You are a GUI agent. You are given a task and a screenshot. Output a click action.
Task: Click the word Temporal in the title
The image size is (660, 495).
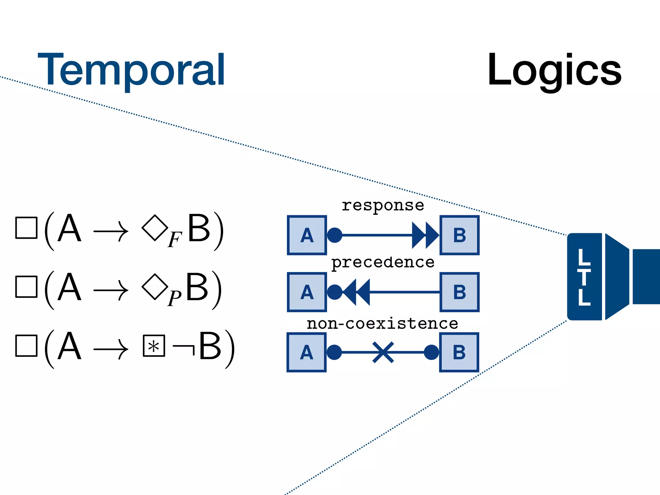point(131,70)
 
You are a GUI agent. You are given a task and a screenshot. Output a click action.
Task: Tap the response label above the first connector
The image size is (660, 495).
point(383,206)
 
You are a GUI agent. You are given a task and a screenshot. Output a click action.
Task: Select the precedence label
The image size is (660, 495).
point(383,262)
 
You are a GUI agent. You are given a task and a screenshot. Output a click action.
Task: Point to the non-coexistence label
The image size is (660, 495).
point(382,323)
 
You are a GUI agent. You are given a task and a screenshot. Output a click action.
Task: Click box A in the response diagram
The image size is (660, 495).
point(307,235)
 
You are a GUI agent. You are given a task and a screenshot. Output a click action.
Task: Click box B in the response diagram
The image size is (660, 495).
point(460,235)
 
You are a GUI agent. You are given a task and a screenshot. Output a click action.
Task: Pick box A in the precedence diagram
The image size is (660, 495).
point(307,292)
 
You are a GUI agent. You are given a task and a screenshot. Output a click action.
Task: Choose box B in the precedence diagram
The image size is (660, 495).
point(460,292)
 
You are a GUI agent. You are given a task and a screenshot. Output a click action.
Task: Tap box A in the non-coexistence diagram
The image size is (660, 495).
point(306,352)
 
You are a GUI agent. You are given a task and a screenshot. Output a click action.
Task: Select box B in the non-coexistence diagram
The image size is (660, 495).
point(459,352)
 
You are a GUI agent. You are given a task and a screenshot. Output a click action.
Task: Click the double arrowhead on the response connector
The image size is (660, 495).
point(425,235)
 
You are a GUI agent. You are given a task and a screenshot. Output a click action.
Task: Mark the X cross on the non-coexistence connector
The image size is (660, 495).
point(383,352)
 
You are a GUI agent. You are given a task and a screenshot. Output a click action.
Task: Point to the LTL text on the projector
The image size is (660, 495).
point(584,277)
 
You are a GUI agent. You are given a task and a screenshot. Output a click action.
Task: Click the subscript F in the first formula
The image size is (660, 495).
point(175,240)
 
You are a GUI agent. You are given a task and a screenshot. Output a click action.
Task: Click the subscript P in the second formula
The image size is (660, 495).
point(174,298)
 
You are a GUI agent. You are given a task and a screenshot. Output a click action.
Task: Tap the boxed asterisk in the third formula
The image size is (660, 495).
point(154,346)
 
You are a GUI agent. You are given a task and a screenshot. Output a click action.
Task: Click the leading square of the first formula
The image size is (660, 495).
point(26,228)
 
